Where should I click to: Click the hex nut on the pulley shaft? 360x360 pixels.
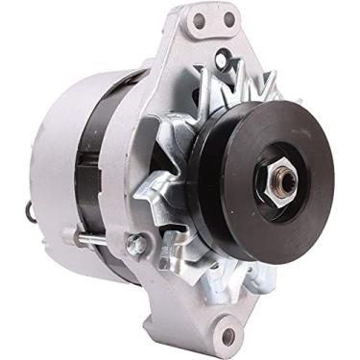[x=285, y=182]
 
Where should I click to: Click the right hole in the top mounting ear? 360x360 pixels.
[x=229, y=18]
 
